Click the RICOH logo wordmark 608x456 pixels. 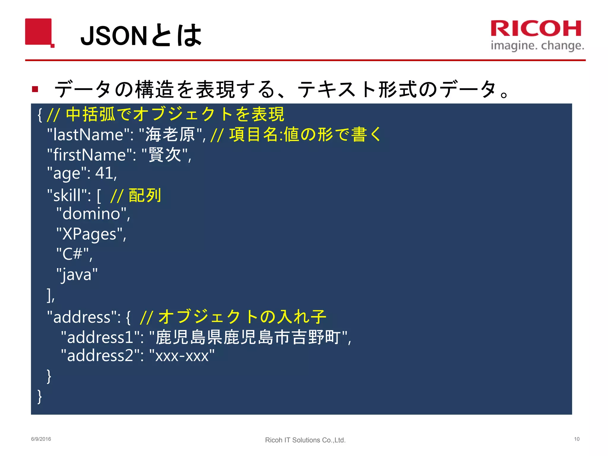(536, 28)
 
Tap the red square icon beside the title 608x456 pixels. (39, 32)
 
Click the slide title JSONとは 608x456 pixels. (141, 36)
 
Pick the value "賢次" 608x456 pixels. (165, 155)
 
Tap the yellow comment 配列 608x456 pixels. (145, 196)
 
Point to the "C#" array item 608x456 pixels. (72, 254)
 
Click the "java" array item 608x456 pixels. (77, 274)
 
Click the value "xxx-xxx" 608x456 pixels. (182, 355)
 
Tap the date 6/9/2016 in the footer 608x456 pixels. (41, 439)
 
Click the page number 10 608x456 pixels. (577, 439)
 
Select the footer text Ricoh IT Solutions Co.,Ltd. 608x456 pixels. (305, 440)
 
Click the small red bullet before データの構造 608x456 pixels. (35, 89)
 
